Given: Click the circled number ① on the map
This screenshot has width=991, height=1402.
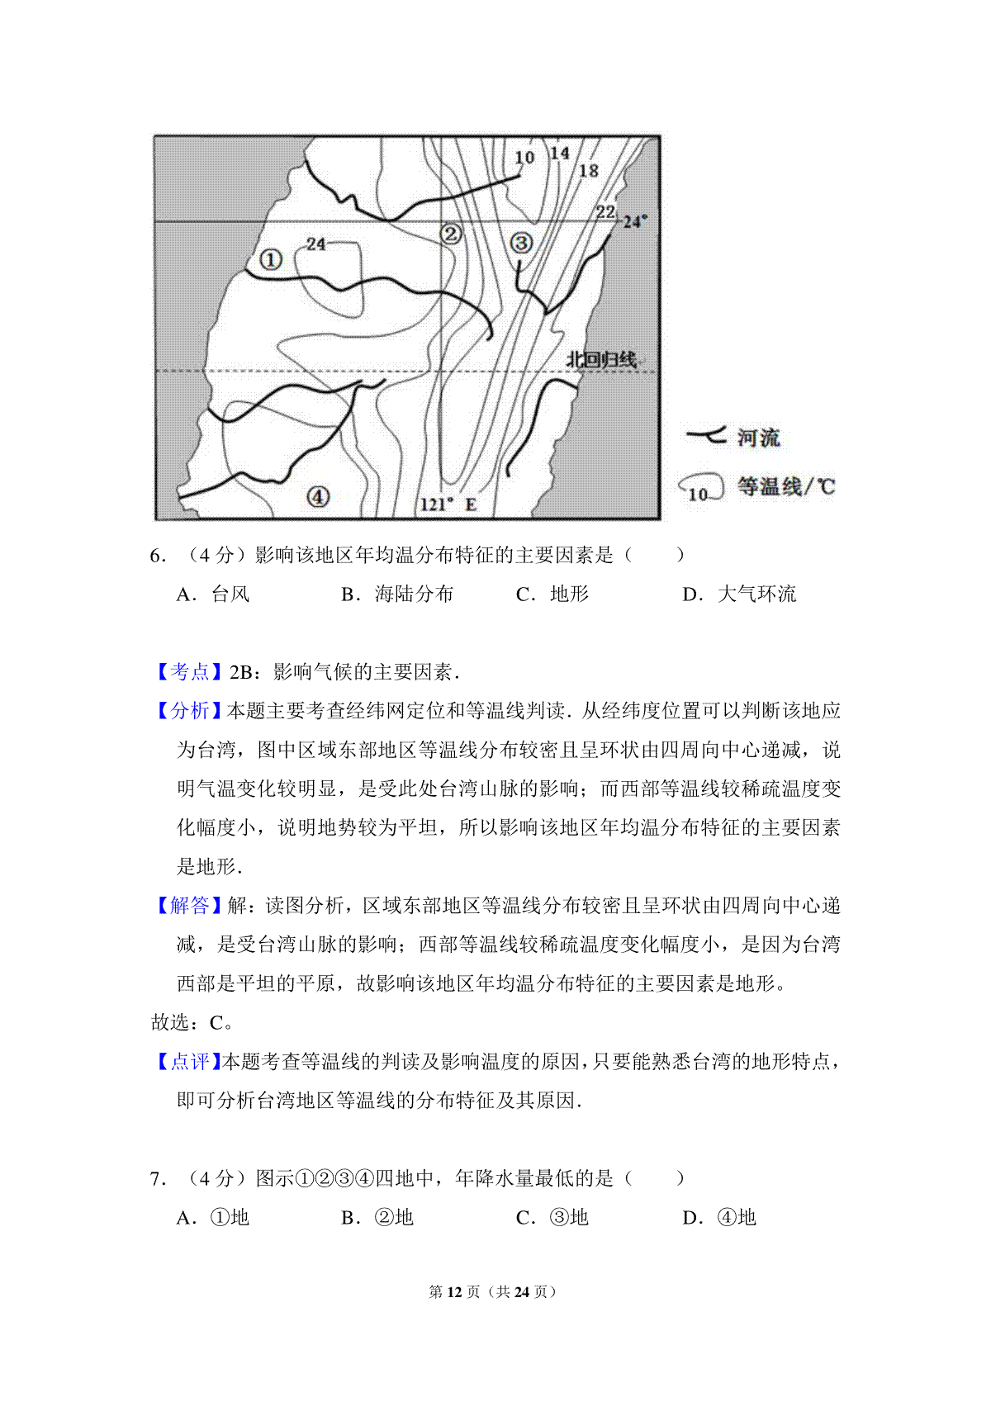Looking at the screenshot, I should click(x=270, y=259).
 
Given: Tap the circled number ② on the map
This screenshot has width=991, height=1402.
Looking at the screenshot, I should click(x=450, y=234).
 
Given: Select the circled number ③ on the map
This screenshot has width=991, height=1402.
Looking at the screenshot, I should click(x=521, y=243).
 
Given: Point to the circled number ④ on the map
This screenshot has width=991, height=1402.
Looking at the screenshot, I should click(x=318, y=496).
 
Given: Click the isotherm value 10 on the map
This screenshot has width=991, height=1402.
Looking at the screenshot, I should click(x=524, y=157).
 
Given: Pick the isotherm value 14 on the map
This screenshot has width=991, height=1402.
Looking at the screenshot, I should click(x=560, y=154).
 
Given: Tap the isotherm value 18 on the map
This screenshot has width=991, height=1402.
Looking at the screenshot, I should click(x=588, y=171).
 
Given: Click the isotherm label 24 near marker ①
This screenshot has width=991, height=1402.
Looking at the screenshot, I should click(x=315, y=244).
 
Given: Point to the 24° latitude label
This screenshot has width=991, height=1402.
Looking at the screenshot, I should click(x=634, y=221).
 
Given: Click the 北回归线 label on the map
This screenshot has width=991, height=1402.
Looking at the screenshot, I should click(x=601, y=359).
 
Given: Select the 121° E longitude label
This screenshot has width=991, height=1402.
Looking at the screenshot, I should click(x=448, y=504).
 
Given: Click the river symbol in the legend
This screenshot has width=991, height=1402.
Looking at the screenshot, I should click(x=706, y=435).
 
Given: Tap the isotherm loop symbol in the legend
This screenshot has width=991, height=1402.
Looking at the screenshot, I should click(x=700, y=488).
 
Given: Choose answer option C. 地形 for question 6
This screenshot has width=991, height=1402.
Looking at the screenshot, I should click(x=552, y=594).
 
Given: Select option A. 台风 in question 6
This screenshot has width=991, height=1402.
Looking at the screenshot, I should click(x=212, y=594).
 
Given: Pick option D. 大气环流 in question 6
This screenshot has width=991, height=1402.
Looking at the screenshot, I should click(x=739, y=594).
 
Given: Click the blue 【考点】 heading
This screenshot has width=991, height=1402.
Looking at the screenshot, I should click(x=189, y=672).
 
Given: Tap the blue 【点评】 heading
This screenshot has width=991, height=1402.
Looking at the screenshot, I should click(x=189, y=1062).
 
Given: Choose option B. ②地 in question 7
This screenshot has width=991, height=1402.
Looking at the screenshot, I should click(x=377, y=1218).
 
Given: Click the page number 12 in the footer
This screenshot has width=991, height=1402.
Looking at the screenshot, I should click(x=454, y=1291).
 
